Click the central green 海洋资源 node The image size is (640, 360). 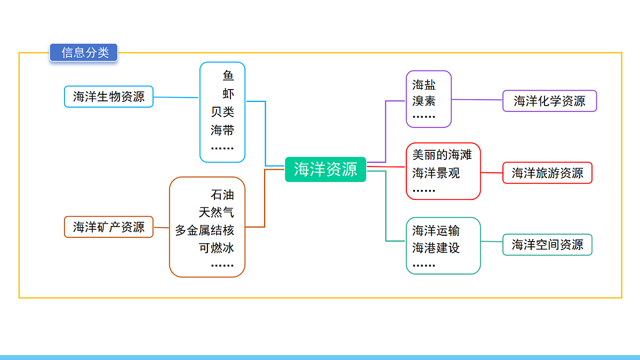(x=325, y=170)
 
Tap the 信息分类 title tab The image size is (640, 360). (x=84, y=53)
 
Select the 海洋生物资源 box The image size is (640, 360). (x=109, y=97)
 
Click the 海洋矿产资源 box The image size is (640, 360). (x=109, y=227)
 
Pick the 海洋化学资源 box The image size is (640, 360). (x=549, y=101)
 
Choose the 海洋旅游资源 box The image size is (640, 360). (x=547, y=173)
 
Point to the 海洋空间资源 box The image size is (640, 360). (x=547, y=245)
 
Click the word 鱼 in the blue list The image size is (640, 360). (x=228, y=76)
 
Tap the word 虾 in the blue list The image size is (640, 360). (x=228, y=94)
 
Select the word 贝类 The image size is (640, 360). (x=222, y=112)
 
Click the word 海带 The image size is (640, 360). (x=222, y=130)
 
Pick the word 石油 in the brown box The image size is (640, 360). (x=222, y=195)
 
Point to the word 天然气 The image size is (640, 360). (x=217, y=212)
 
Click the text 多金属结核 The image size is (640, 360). (x=205, y=230)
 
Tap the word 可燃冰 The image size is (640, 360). (x=217, y=248)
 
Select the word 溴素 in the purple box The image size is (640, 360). (x=424, y=101)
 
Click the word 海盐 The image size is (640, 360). (x=424, y=84)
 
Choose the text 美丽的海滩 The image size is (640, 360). (x=442, y=155)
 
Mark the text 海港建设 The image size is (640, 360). (x=436, y=248)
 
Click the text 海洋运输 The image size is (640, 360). (x=436, y=230)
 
